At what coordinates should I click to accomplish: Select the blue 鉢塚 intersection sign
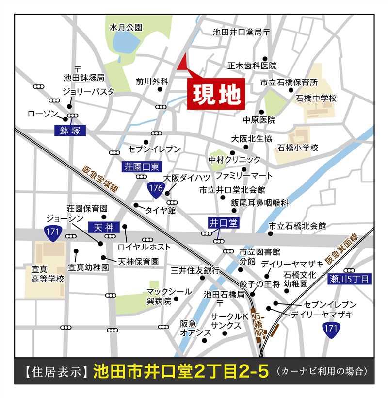[x=70, y=130]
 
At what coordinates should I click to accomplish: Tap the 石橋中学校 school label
[x=316, y=99]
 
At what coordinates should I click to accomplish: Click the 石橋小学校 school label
[x=298, y=148]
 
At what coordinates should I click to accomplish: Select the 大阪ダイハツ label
[x=187, y=178]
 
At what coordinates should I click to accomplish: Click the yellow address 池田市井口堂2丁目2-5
[x=180, y=372]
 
